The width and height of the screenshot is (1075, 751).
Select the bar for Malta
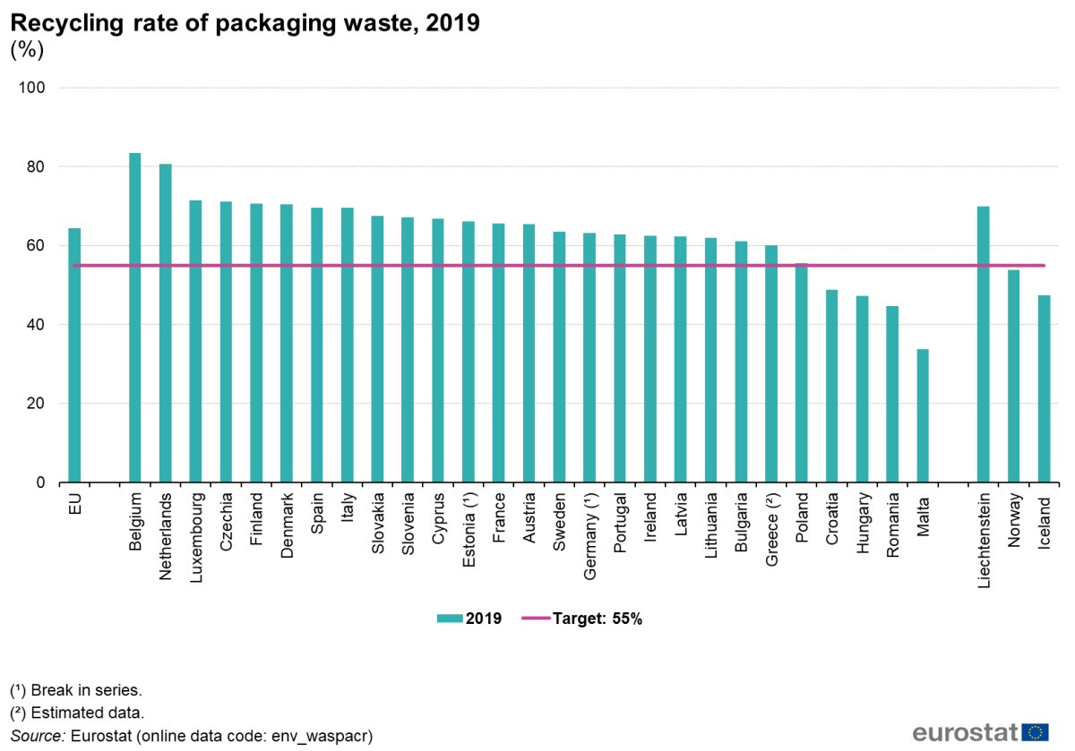click(x=923, y=415)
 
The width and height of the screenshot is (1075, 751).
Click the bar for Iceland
click(x=1044, y=388)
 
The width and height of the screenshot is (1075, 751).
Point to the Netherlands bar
click(x=166, y=323)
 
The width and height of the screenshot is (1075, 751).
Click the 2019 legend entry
click(x=469, y=619)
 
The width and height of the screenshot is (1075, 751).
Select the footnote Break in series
click(x=76, y=690)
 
